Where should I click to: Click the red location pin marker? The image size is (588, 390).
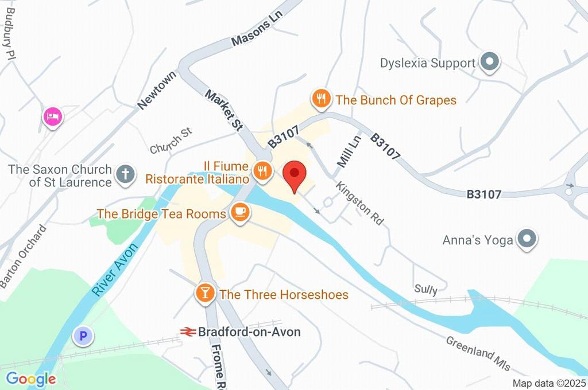[295, 173]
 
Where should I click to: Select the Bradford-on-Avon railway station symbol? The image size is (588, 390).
[187, 331]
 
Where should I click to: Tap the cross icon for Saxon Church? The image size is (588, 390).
[125, 175]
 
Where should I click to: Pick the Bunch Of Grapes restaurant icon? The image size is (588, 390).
[322, 99]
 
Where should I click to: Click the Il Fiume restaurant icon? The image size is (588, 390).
[262, 170]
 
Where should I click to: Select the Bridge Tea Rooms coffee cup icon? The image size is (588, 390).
[239, 213]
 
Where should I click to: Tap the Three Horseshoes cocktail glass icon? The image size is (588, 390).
[204, 294]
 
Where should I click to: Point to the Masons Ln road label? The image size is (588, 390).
[258, 32]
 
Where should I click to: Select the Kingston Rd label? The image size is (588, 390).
[360, 202]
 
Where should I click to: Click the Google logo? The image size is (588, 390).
[31, 379]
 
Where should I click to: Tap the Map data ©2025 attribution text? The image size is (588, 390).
[549, 383]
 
